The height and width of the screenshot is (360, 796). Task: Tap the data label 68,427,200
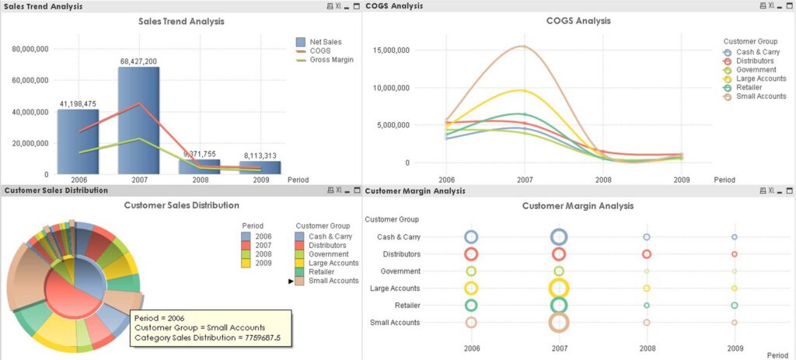click(x=138, y=61)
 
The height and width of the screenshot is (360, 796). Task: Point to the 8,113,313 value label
click(x=260, y=155)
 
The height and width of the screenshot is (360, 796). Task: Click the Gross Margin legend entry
click(x=331, y=60)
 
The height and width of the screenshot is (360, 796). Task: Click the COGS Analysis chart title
click(x=578, y=21)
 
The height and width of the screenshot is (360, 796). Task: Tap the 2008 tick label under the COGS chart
click(x=603, y=180)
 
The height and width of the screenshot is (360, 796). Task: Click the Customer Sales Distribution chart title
click(x=181, y=205)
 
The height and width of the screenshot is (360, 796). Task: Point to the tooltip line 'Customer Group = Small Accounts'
click(x=200, y=327)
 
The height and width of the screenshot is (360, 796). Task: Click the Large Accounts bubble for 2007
click(x=559, y=288)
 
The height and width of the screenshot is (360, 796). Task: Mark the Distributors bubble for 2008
click(x=646, y=254)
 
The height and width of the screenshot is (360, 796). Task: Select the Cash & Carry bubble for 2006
click(x=471, y=237)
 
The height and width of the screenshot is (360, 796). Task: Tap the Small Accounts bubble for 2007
click(x=559, y=323)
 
